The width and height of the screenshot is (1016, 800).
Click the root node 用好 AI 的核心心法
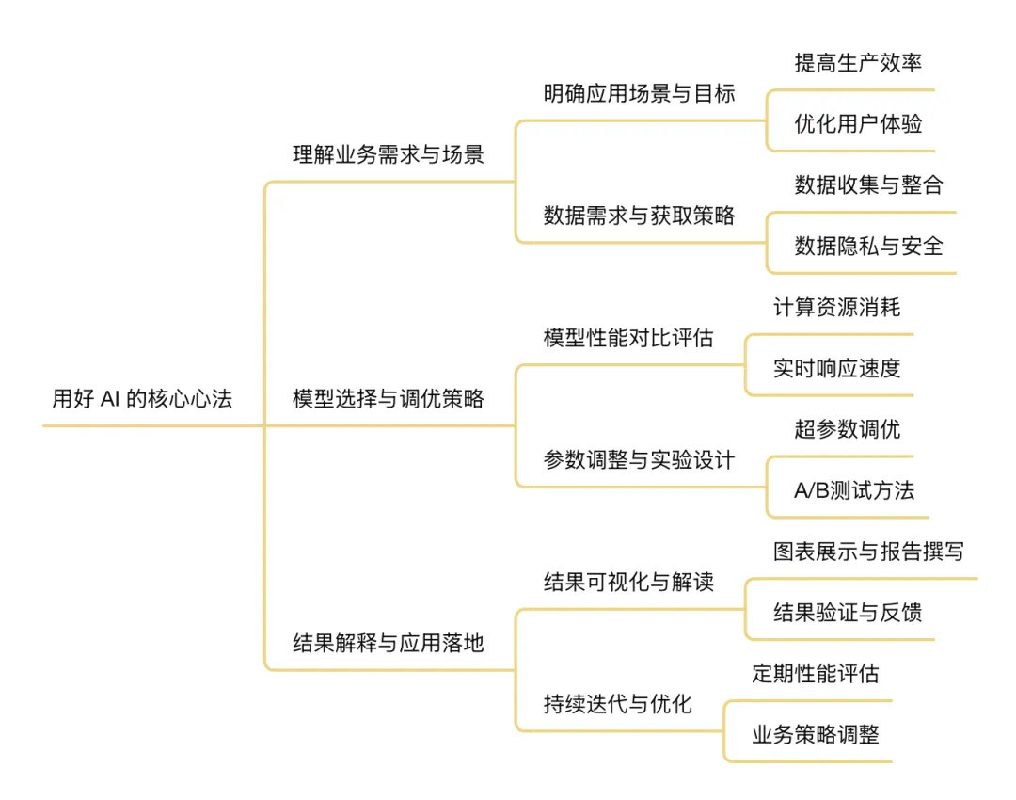(142, 399)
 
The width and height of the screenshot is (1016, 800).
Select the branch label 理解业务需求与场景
(389, 155)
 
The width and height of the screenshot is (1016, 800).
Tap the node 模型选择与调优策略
(389, 399)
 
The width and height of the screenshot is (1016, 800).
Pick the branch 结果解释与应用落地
(389, 644)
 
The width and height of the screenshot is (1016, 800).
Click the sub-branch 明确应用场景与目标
(640, 94)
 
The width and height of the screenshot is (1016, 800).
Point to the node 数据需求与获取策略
(640, 216)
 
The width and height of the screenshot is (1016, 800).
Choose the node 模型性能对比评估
(628, 338)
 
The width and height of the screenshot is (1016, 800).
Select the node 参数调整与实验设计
(640, 460)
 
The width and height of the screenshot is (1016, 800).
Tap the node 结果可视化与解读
(628, 582)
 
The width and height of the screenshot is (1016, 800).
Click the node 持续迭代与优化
(618, 704)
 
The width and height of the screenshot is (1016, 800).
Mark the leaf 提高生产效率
(858, 63)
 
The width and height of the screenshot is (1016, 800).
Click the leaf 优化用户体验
(858, 124)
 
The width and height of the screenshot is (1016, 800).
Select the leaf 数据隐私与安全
(868, 247)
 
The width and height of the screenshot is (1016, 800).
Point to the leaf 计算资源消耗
(837, 308)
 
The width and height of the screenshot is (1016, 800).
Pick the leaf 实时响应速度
(837, 368)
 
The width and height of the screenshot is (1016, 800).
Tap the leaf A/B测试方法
(854, 490)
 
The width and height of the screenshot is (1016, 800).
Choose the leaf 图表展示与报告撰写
(868, 552)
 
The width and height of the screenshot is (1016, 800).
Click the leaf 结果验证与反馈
(848, 613)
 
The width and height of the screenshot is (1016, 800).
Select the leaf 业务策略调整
(816, 735)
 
